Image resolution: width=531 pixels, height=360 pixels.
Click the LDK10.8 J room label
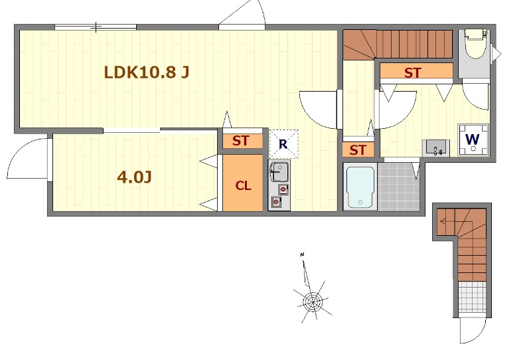[x=147, y=72]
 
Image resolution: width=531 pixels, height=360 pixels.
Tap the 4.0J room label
[x=135, y=177]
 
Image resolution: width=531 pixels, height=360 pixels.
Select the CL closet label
[x=244, y=186]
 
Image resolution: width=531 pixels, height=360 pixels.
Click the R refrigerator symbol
[x=283, y=144]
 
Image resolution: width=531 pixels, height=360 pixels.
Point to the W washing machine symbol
[x=473, y=140]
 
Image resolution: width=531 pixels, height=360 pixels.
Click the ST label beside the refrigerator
[x=240, y=141]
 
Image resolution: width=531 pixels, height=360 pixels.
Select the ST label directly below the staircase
[x=413, y=72]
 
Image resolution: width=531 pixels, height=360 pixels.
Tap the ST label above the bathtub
[x=358, y=150]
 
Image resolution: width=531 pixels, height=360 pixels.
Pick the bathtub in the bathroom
[x=360, y=187]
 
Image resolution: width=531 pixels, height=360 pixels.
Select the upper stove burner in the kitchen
[x=283, y=189]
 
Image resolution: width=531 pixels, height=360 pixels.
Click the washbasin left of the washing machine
[x=436, y=147]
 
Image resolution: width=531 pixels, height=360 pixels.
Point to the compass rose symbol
[x=310, y=302]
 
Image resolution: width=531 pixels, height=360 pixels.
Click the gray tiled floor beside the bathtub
[x=400, y=187]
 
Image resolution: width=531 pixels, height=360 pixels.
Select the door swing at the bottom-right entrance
[x=473, y=331]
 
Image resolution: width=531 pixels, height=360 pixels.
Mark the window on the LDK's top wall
[x=96, y=27]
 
